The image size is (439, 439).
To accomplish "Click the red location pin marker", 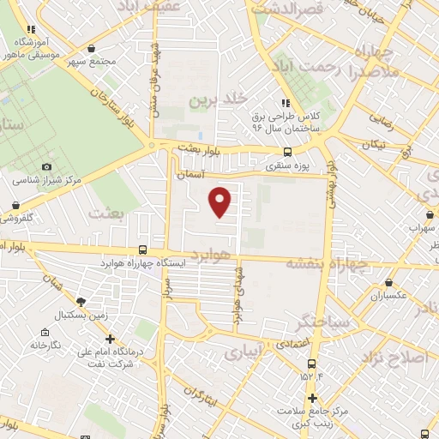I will click(x=220, y=201).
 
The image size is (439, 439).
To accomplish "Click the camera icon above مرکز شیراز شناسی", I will click(x=46, y=167).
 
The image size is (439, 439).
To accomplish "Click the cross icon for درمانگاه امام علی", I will click(x=111, y=339).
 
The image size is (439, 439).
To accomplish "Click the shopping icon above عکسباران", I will click(x=389, y=281).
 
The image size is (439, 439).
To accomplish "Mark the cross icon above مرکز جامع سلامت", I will click(x=312, y=398).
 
